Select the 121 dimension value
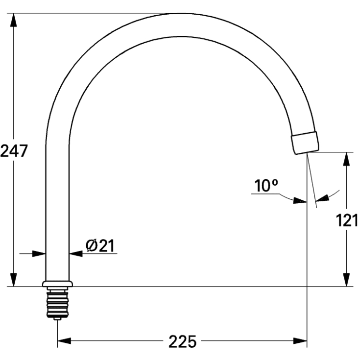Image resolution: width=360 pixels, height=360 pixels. click(347, 221)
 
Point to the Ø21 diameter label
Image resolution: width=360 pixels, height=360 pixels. click(100, 245)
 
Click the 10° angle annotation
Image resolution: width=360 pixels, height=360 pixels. click(266, 186)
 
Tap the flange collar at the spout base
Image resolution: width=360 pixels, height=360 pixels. click(58, 284)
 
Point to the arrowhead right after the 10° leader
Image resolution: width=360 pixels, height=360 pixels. click(299, 200)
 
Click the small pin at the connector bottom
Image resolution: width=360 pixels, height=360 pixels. click(58, 318)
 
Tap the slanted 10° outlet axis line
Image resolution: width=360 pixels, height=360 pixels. click(312, 186)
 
